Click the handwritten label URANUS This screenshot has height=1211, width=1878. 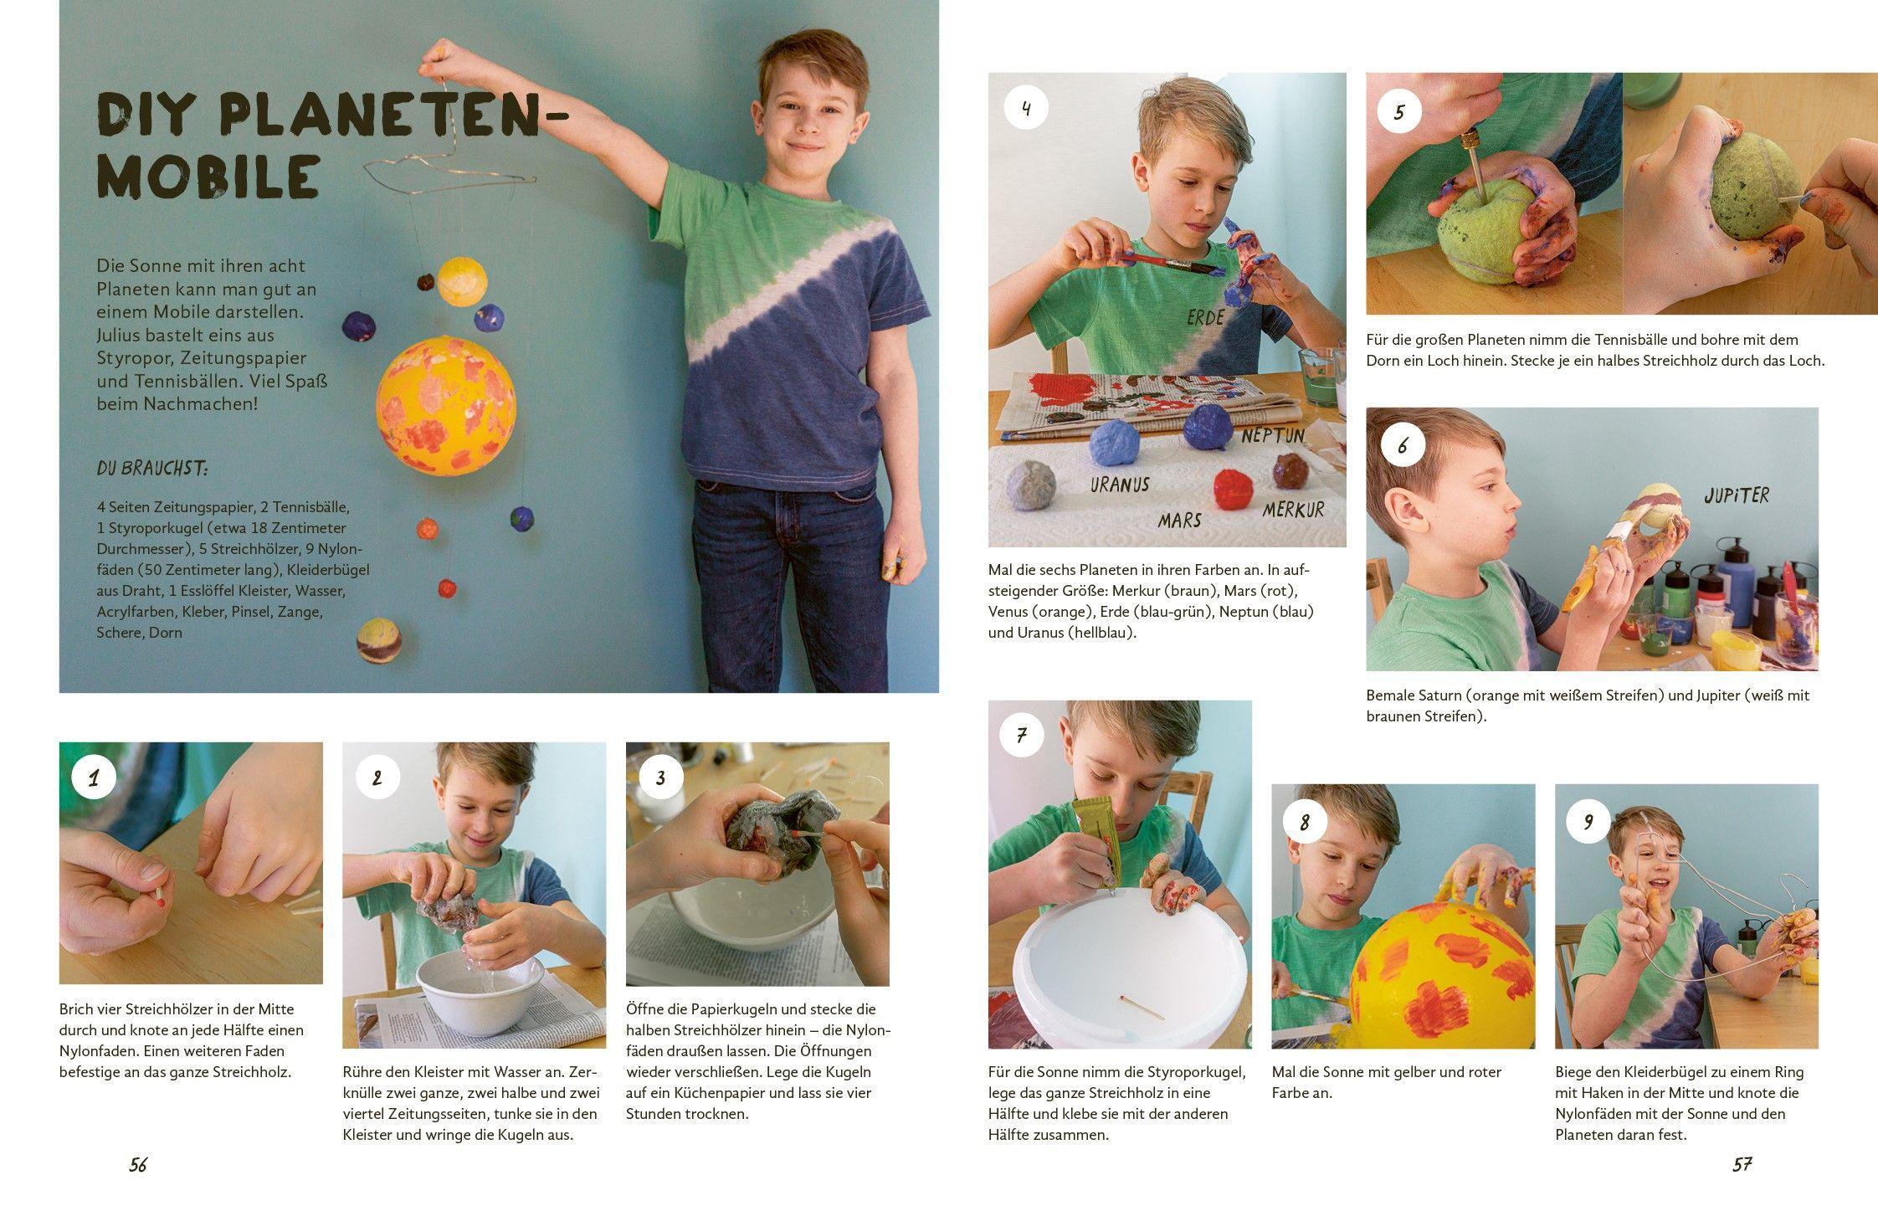(x=1120, y=485)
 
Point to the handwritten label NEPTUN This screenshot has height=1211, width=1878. (x=1272, y=436)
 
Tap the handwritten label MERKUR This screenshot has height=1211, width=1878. (x=1294, y=510)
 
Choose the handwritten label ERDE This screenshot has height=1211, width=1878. (x=1206, y=317)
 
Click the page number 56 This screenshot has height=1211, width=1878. (x=138, y=1165)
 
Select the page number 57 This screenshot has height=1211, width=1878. (x=1742, y=1165)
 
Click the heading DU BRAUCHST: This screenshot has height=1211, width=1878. (x=152, y=469)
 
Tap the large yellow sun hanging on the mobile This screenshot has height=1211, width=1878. (x=445, y=405)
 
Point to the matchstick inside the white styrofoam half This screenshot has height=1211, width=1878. (x=1141, y=1007)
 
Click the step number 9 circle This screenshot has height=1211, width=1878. (x=1588, y=823)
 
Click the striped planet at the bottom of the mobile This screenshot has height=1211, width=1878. (x=379, y=641)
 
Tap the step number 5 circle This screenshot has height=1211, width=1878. (x=1399, y=111)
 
